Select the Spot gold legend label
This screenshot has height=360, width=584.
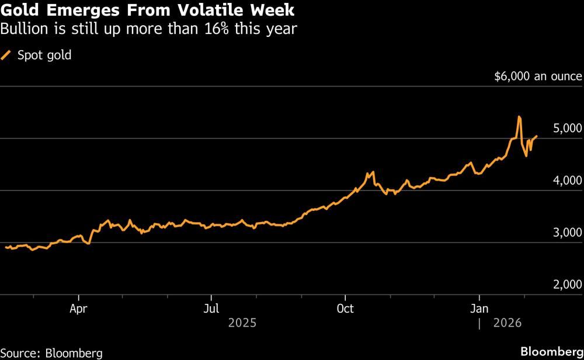44,56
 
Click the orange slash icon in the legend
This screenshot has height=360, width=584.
8,56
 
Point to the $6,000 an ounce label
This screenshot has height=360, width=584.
538,77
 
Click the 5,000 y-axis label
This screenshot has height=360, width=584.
566,129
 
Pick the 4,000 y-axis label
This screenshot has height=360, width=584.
566,181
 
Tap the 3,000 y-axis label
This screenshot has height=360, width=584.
566,233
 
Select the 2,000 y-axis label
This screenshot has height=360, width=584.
566,285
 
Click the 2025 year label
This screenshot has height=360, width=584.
242,323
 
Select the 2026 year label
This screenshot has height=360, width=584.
507,323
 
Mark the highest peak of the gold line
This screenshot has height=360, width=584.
519,117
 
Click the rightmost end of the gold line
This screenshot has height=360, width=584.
537,136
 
